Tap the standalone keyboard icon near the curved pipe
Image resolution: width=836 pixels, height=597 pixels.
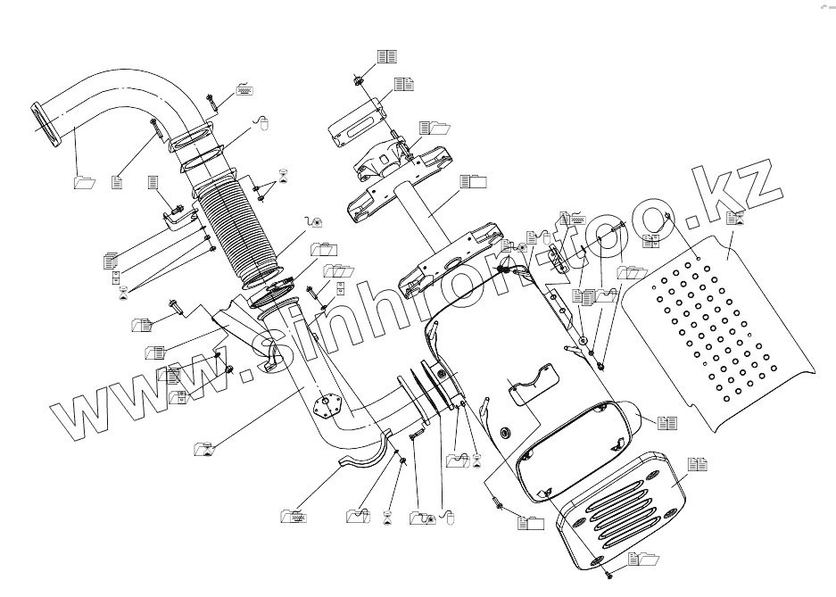243,89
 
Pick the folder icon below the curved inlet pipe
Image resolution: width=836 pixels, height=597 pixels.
84,182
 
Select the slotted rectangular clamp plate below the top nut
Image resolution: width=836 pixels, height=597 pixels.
357,126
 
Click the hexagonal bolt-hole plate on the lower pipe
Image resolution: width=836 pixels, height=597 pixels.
330,407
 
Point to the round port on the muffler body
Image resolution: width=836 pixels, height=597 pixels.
506,435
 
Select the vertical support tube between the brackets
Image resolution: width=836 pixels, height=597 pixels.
418,215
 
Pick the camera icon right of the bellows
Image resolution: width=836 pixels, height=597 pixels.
314,222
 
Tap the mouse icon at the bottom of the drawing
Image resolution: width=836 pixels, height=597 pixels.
451,518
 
